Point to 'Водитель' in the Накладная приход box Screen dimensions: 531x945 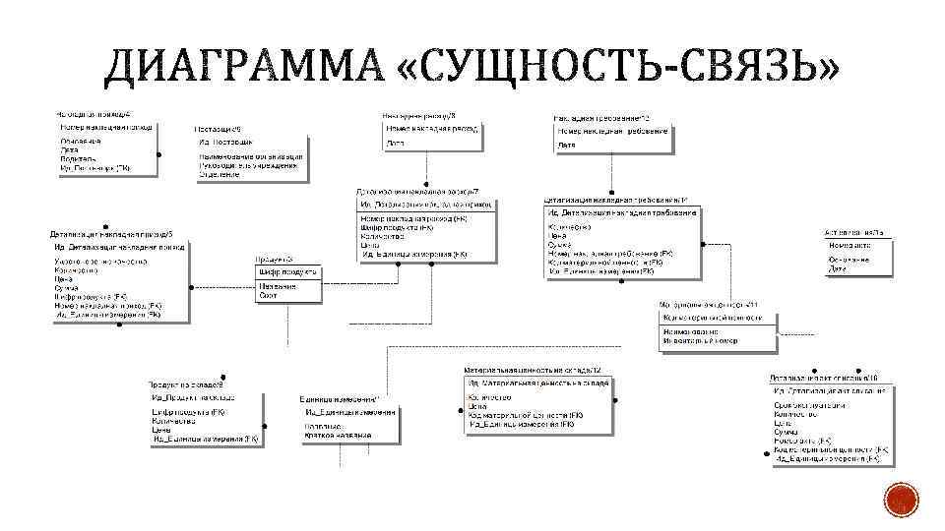(x=78, y=158)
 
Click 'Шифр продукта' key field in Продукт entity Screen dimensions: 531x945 (x=286, y=271)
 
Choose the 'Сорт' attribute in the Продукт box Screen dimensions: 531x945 (x=268, y=295)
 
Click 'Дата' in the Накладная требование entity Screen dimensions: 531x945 (x=567, y=146)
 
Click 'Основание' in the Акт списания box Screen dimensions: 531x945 (x=849, y=260)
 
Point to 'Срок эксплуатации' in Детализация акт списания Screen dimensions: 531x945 (x=808, y=405)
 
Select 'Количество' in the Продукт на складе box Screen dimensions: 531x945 (x=175, y=420)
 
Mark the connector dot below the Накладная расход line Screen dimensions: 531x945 (x=426, y=185)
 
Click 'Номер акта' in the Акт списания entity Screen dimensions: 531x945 (x=849, y=245)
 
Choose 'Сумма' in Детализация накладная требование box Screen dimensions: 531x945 (x=559, y=245)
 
